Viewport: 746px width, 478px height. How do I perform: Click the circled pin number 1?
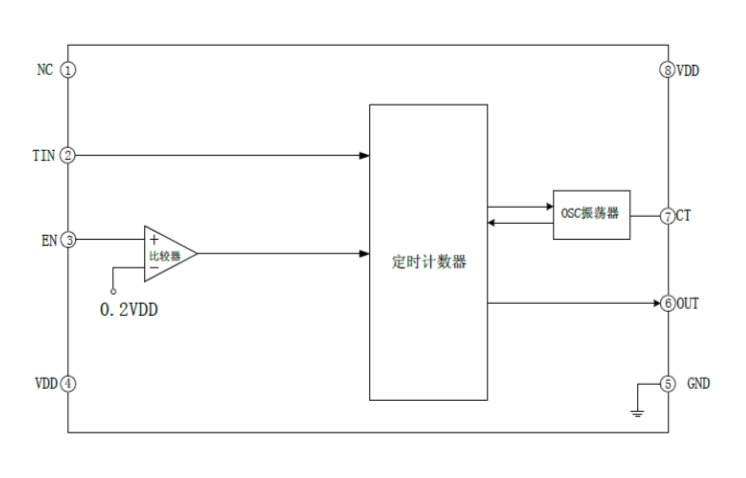click(x=68, y=70)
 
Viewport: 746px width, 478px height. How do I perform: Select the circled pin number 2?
click(x=68, y=156)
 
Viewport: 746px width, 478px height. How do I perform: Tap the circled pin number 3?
click(x=68, y=240)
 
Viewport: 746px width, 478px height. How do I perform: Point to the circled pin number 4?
click(x=68, y=383)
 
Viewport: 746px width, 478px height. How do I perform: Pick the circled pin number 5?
click(x=667, y=383)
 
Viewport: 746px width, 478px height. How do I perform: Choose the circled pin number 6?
click(x=667, y=303)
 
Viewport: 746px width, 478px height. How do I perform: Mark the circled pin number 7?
click(x=667, y=215)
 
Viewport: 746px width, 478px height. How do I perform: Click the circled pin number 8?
click(x=667, y=70)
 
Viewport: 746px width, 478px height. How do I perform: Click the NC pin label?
click(x=45, y=70)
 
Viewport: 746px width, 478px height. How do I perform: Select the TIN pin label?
click(x=43, y=156)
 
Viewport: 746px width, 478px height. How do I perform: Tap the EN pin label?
click(x=46, y=240)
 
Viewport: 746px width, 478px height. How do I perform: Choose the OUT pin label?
click(x=689, y=303)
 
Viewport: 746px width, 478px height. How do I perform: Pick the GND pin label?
click(x=698, y=383)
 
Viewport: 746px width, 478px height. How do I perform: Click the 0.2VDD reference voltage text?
click(x=129, y=309)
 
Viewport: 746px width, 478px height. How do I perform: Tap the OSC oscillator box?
click(x=592, y=214)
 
